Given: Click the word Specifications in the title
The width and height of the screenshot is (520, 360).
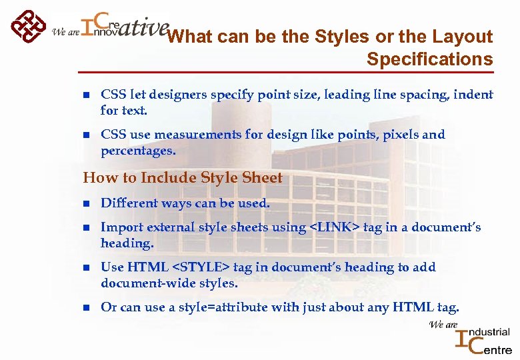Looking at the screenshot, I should click(x=429, y=59).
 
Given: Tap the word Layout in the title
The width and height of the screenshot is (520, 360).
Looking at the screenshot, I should click(x=460, y=37).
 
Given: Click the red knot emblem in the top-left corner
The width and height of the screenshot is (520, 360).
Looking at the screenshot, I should click(x=27, y=27).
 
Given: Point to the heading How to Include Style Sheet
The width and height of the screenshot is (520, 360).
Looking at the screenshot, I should click(x=183, y=178).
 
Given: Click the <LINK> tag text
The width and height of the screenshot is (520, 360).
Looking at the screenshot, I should click(x=335, y=227).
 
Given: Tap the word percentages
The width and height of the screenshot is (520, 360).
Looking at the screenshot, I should click(x=138, y=151).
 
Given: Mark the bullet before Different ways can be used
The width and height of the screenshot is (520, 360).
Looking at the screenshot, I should click(x=85, y=204).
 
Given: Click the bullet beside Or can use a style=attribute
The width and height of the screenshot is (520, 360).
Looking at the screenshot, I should click(x=85, y=308).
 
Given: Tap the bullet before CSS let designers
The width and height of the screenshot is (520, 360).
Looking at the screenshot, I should click(x=85, y=95).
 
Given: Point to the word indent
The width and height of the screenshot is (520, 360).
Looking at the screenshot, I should click(x=473, y=95).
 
